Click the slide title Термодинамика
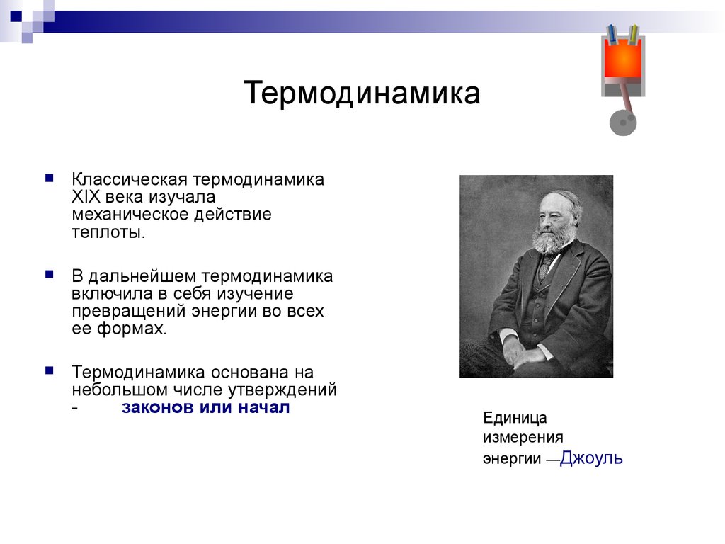pyautogui.click(x=362, y=93)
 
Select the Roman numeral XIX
pyautogui.click(x=86, y=197)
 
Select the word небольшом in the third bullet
pyautogui.click(x=120, y=390)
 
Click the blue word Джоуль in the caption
pyautogui.click(x=591, y=458)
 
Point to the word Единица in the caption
pyautogui.click(x=515, y=418)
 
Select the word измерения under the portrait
pyautogui.click(x=523, y=438)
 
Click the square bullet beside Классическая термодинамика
pyautogui.click(x=50, y=178)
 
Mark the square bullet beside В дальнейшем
pyautogui.click(x=50, y=275)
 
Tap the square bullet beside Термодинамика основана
pyautogui.click(x=50, y=370)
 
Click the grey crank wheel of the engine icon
pyautogui.click(x=623, y=123)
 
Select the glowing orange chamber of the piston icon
pyautogui.click(x=623, y=59)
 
